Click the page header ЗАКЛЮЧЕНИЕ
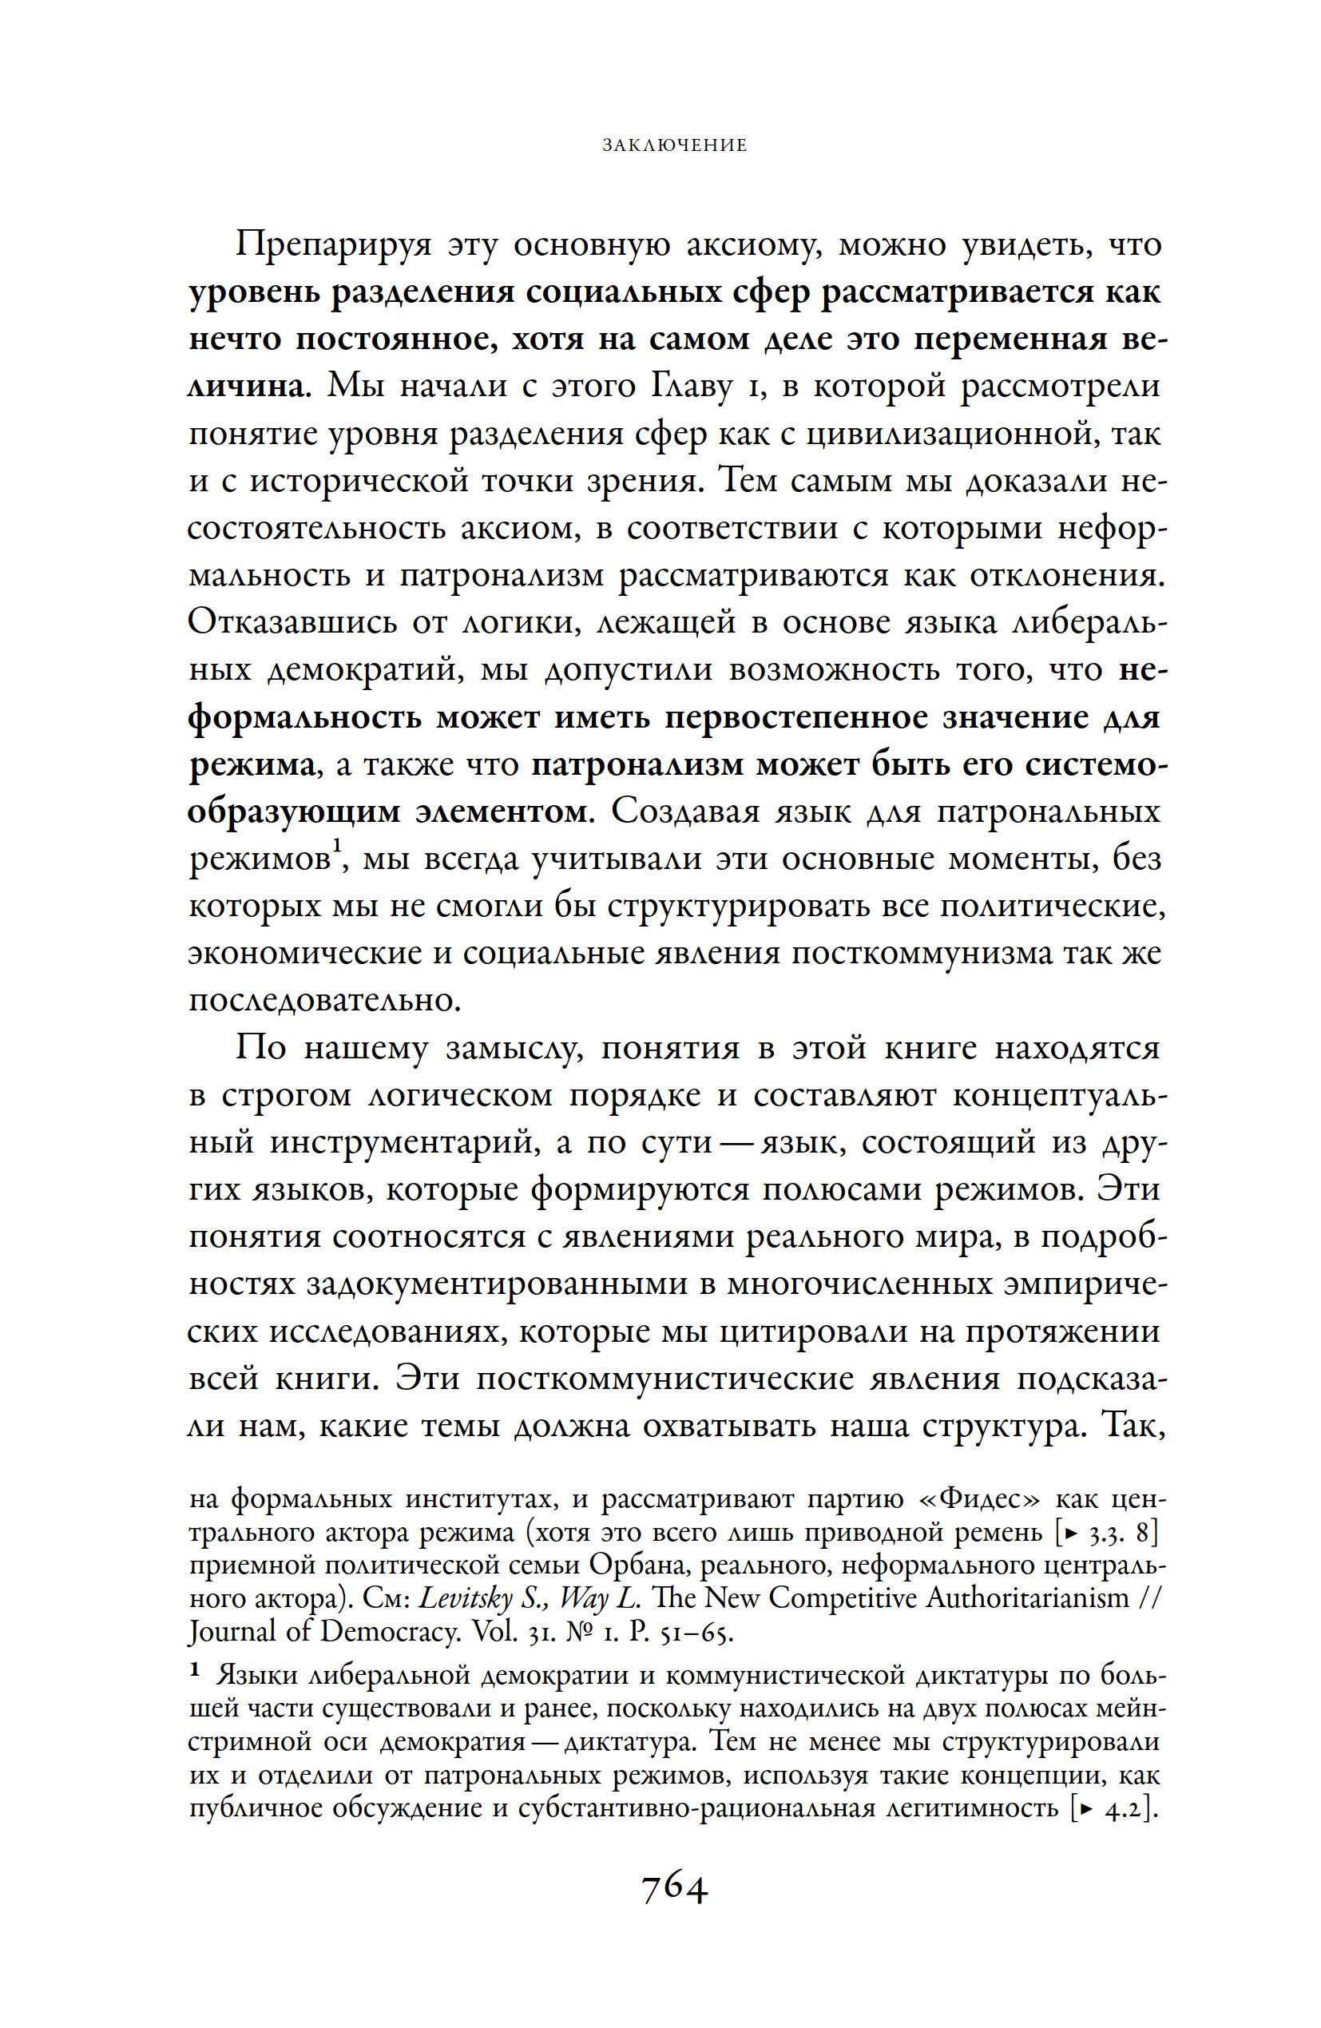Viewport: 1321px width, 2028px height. point(674,145)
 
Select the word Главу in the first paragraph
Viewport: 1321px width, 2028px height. point(692,387)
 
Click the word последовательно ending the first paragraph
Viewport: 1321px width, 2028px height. point(323,1000)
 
